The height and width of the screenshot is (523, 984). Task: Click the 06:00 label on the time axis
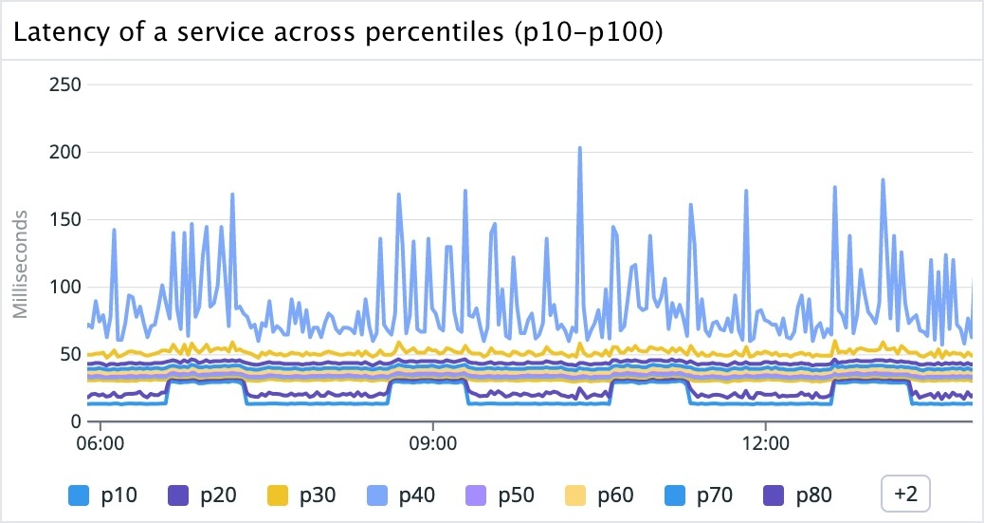pyautogui.click(x=100, y=443)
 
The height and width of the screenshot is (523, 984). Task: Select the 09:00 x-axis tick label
pyautogui.click(x=432, y=443)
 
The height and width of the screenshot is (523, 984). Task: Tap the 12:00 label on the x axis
pyautogui.click(x=765, y=443)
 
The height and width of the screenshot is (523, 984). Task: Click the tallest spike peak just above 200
pyautogui.click(x=579, y=148)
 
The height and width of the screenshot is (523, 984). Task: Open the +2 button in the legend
pyautogui.click(x=905, y=494)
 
